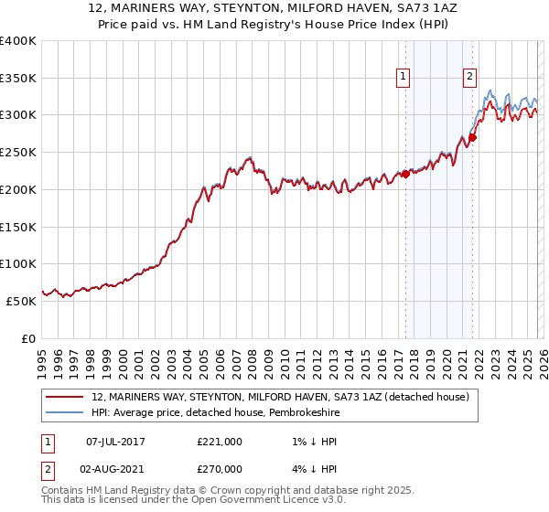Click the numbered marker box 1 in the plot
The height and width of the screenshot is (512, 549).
(x=404, y=78)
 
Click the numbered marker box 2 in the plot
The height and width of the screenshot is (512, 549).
(x=469, y=78)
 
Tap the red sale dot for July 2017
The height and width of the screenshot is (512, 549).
(x=405, y=174)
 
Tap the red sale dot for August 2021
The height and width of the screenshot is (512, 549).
(x=472, y=138)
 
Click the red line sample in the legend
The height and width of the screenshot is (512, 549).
(x=64, y=398)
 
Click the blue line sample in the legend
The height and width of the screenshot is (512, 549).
(x=64, y=413)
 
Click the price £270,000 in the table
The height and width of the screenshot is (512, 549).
(x=220, y=468)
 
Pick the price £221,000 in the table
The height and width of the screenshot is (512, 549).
(x=220, y=442)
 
